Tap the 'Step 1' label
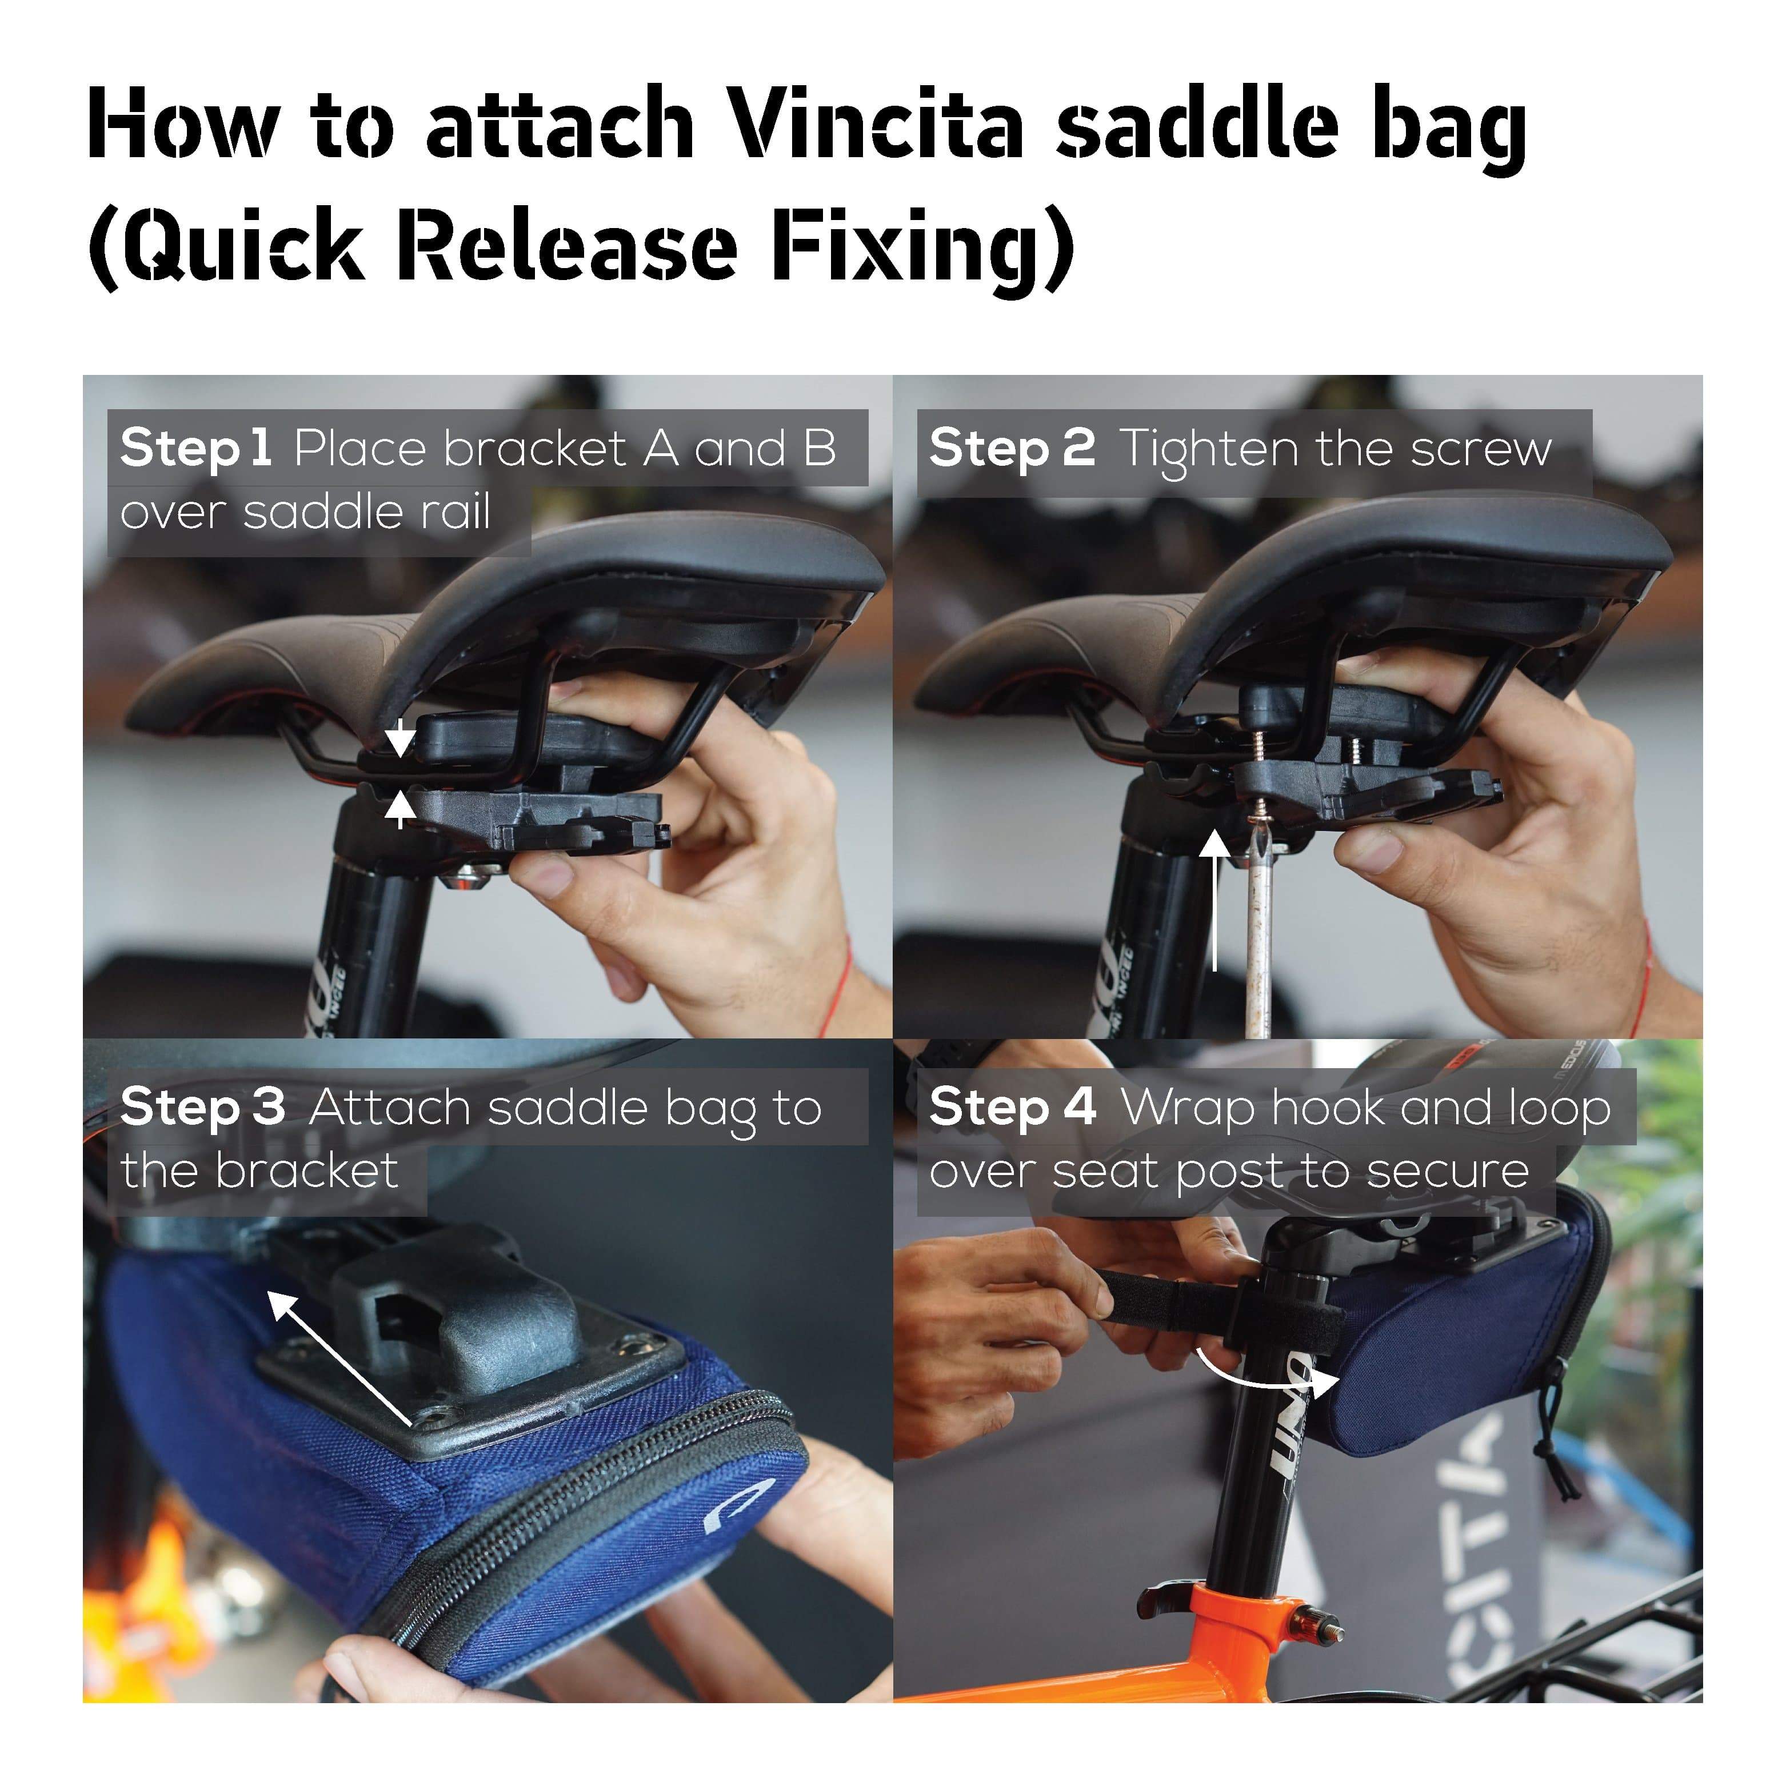click(195, 448)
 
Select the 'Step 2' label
click(1012, 448)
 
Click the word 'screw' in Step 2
click(1480, 450)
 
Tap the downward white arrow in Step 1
click(399, 738)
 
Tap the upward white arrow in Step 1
click(399, 811)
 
